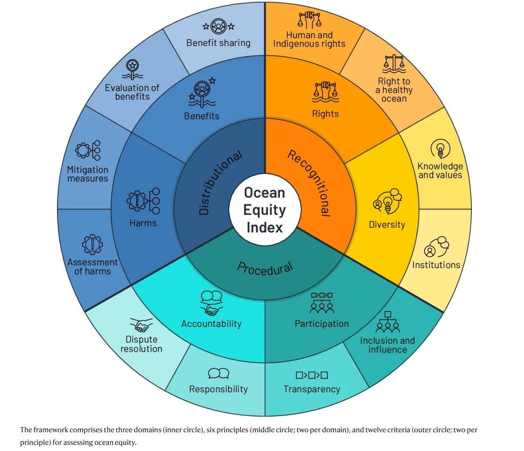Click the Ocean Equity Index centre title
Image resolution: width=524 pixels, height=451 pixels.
coord(264,210)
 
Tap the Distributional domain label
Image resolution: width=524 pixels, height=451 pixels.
coord(220,183)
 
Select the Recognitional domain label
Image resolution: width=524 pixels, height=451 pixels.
coord(309,183)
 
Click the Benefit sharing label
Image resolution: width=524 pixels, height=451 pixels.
coord(218,43)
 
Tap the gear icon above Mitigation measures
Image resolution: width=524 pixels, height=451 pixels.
coord(88,151)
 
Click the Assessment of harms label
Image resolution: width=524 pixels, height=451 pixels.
coord(92,266)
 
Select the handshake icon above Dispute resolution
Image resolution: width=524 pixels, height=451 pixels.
coord(141,325)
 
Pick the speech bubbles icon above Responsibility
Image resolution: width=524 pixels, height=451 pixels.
coord(218,374)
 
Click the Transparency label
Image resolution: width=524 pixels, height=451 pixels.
coord(312,389)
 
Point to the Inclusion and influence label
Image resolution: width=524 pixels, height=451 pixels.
coord(387,345)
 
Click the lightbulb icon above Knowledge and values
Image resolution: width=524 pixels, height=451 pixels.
coord(440,148)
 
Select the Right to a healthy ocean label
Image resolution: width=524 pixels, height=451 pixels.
coord(394,90)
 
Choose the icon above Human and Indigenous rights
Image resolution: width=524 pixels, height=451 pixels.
coord(309,20)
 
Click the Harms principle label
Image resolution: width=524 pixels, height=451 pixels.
coord(143,223)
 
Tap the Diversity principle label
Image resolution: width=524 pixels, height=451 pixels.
coord(387,225)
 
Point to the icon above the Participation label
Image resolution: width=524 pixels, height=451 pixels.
coord(322,303)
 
